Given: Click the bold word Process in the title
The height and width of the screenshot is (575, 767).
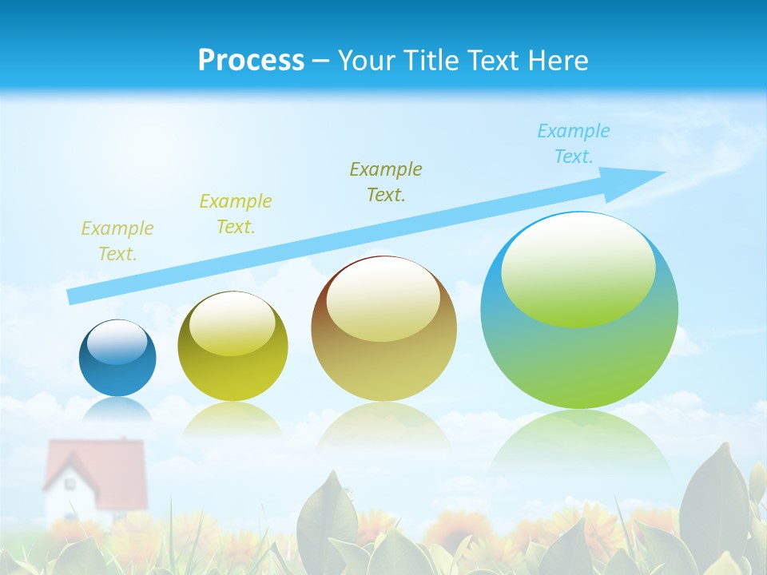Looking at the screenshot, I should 251,61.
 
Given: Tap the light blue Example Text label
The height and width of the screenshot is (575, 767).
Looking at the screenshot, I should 573,144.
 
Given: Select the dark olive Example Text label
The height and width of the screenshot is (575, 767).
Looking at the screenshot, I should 386,181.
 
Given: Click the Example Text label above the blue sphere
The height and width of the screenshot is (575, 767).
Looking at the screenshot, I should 117,241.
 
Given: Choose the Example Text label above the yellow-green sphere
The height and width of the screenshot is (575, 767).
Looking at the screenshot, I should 236,214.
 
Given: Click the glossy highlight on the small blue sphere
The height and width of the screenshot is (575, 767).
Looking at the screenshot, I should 117,343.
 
